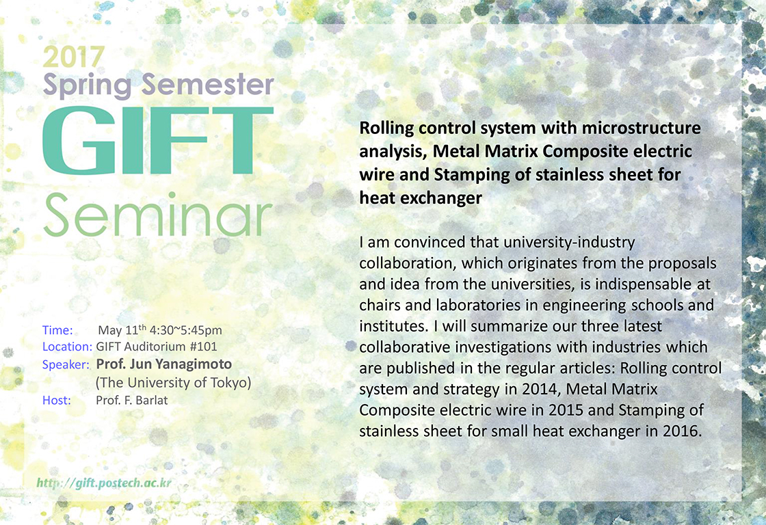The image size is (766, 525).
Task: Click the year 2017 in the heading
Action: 74,57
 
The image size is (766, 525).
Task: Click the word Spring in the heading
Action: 88,85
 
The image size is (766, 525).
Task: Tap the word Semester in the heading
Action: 208,84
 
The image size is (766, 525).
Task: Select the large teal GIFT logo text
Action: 158,140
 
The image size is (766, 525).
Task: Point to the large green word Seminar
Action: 158,215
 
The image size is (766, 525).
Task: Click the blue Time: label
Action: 57,330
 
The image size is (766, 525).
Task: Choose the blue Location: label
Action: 68,347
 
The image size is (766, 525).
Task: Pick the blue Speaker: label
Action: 66,365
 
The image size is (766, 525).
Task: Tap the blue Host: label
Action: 57,401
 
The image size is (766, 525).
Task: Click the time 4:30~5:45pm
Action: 185,330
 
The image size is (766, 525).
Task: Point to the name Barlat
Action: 152,401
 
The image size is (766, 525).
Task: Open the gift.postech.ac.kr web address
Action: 104,483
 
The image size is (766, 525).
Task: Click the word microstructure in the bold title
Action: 642,128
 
